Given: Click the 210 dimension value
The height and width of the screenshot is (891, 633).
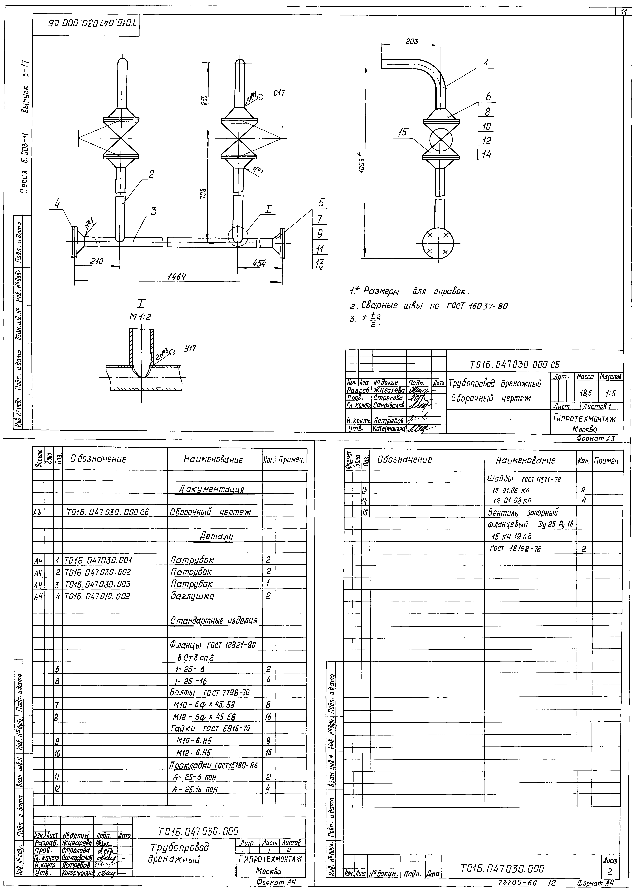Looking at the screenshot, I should pos(96,262).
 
